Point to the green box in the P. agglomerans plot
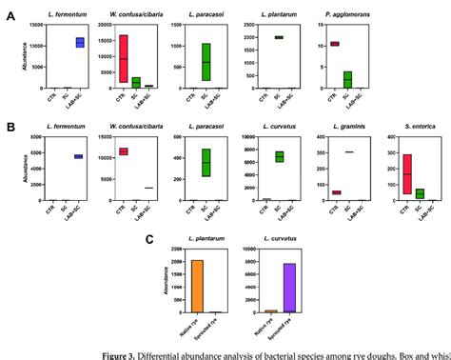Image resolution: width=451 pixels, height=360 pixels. click(x=347, y=80)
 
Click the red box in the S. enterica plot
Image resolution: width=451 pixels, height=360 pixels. click(x=408, y=174)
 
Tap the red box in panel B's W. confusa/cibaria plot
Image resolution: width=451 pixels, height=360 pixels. click(x=123, y=151)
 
